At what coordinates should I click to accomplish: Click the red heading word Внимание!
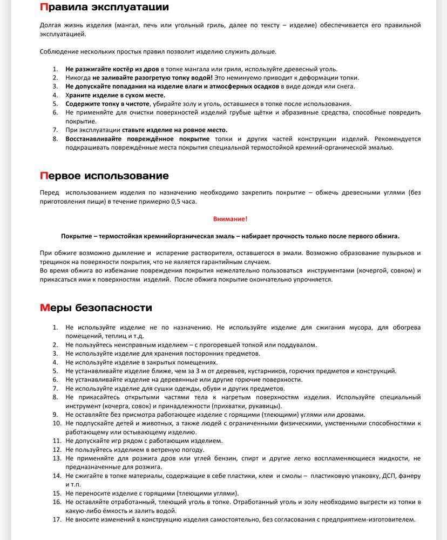click(230, 219)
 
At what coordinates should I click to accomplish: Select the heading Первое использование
click(104, 176)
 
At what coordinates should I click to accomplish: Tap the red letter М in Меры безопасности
click(45, 308)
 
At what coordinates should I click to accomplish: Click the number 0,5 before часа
click(175, 202)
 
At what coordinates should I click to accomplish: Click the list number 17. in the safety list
click(57, 519)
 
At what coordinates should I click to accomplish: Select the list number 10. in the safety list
click(57, 423)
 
